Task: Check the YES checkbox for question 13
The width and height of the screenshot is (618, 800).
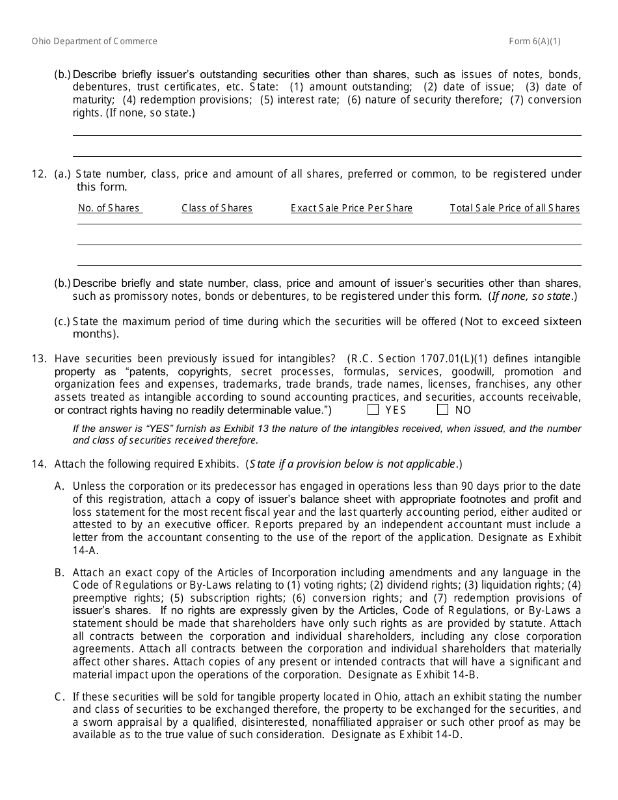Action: click(x=373, y=410)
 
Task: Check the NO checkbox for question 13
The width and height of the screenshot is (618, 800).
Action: click(x=443, y=410)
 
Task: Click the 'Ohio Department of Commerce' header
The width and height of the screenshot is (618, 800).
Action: click(x=94, y=42)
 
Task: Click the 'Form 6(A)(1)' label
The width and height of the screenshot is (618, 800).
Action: click(x=535, y=42)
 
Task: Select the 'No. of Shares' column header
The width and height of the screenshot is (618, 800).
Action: click(x=109, y=208)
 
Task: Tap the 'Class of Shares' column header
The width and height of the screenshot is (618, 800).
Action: click(x=217, y=208)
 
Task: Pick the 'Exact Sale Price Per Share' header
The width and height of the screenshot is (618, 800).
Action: click(x=351, y=208)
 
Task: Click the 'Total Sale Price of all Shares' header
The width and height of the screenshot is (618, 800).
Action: click(x=515, y=208)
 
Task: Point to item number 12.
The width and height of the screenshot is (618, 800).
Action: click(x=39, y=174)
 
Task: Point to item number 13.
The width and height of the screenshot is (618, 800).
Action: click(x=39, y=359)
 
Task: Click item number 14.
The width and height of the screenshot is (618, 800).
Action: click(x=39, y=464)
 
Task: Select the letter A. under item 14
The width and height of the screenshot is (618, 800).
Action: click(x=60, y=487)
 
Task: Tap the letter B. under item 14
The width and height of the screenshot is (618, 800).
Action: click(x=60, y=573)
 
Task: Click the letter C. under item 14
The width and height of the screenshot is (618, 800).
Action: click(x=60, y=697)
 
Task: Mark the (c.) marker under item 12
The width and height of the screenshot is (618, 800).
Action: click(x=62, y=322)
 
